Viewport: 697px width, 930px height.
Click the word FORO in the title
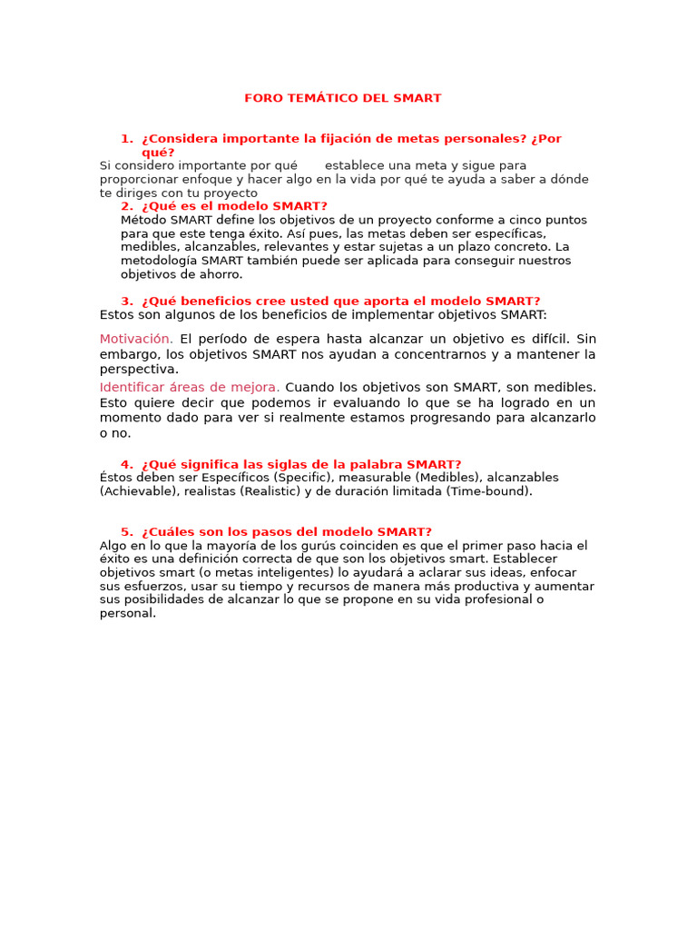[x=261, y=98]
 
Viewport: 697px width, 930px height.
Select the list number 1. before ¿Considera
[x=126, y=139]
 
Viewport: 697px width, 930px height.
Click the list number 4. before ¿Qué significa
[x=126, y=464]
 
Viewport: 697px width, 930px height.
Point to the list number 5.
[x=126, y=532]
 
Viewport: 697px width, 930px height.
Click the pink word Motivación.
[x=136, y=339]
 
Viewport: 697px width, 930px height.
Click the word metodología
[x=158, y=261]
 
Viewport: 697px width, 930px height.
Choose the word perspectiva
[x=138, y=370]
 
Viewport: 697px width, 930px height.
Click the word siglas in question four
[x=297, y=464]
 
